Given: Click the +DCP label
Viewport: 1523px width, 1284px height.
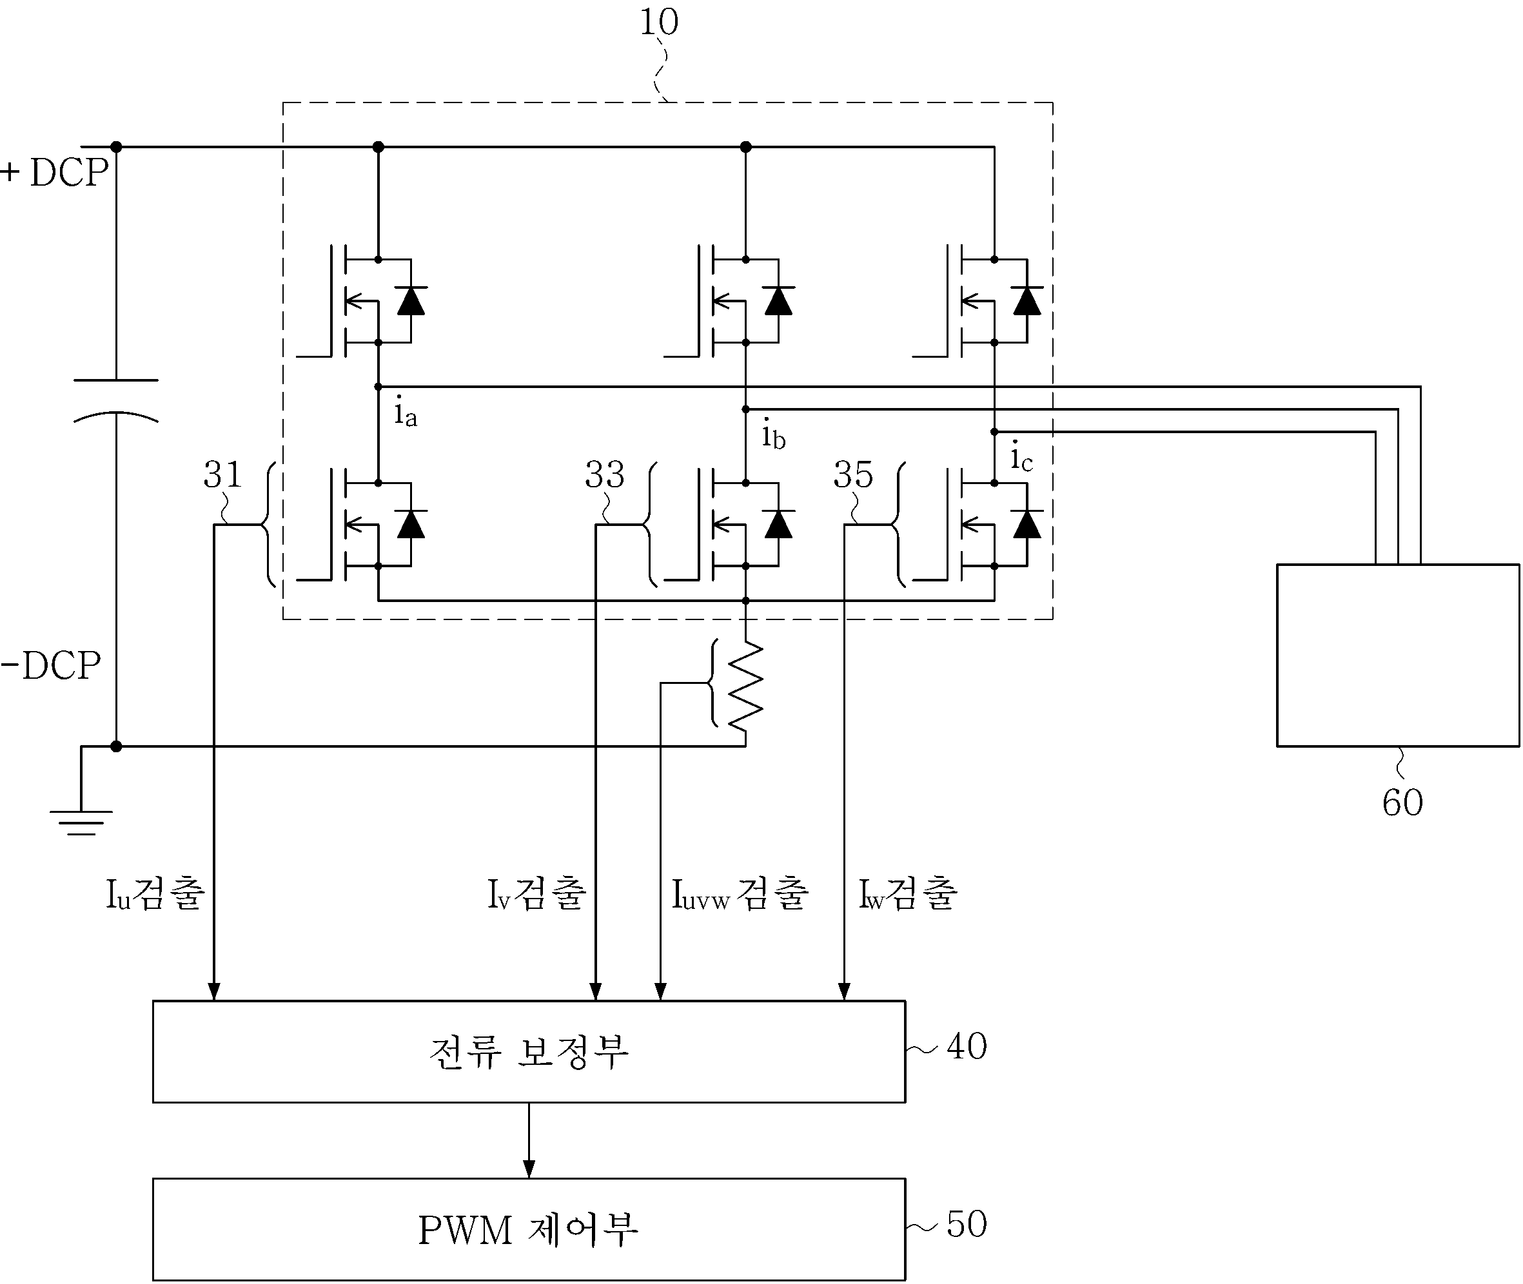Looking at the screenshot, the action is [x=55, y=173].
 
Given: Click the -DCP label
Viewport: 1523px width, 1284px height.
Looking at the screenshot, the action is [x=51, y=665].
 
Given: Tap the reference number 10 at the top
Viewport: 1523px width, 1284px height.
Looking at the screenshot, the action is [x=659, y=22].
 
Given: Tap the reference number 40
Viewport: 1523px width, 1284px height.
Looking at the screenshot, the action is [x=967, y=1047].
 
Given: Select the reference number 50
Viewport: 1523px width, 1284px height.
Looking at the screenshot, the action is [x=967, y=1224].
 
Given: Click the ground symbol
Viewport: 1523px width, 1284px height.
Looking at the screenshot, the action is [x=81, y=822].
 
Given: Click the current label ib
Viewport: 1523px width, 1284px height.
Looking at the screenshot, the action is [x=773, y=435].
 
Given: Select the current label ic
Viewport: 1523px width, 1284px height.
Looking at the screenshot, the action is [x=1021, y=458].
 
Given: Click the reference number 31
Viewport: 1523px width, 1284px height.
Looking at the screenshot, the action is [x=222, y=474].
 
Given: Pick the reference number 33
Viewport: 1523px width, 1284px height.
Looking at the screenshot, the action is [x=604, y=474].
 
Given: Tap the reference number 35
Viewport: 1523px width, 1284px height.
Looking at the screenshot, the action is [x=853, y=474].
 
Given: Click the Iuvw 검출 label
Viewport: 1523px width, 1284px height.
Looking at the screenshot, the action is [x=740, y=895].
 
